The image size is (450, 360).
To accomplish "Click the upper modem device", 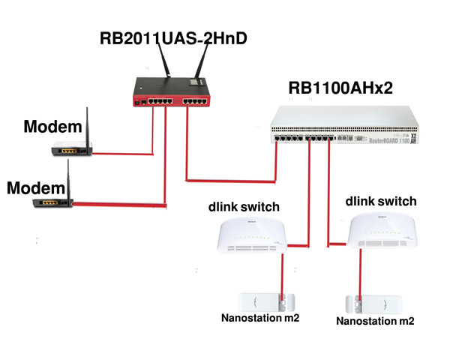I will pos(72,149).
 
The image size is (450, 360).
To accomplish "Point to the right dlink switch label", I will pos(381,202).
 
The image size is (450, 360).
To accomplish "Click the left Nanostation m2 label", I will pos(260,318).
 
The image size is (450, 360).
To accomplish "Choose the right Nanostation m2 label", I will pos(375,321).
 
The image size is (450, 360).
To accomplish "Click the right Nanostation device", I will pos(374,304).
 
